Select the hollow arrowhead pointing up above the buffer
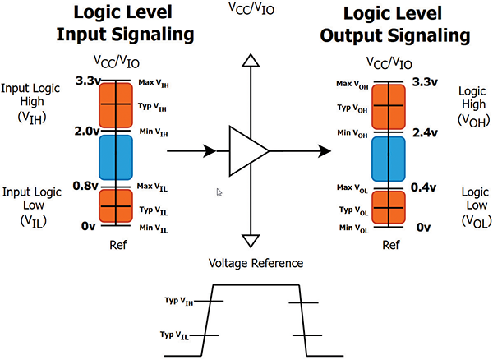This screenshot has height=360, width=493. (x=246, y=58)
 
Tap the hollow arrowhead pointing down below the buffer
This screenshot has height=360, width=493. (x=246, y=240)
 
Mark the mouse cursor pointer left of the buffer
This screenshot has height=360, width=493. (x=219, y=192)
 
